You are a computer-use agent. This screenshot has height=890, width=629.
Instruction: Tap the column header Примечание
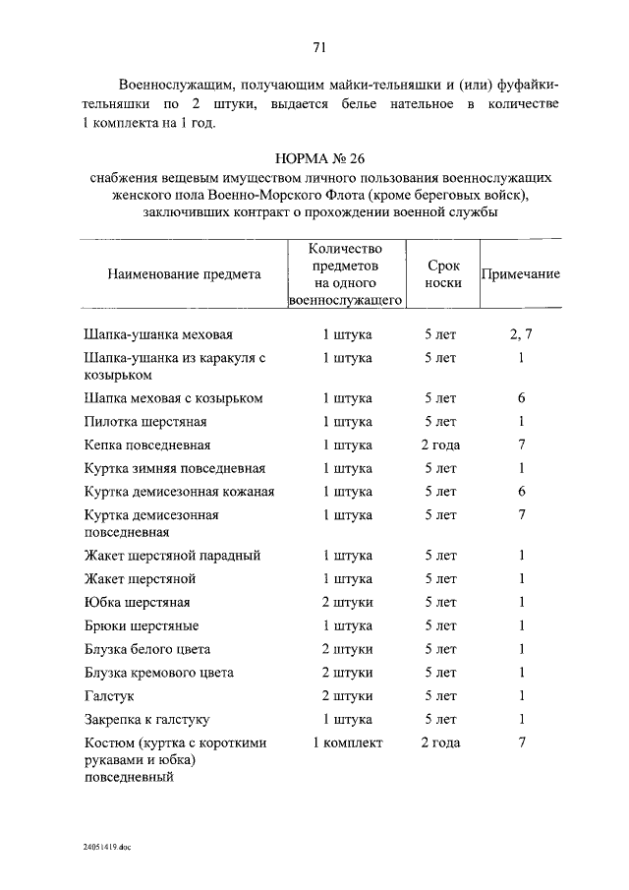click(x=520, y=274)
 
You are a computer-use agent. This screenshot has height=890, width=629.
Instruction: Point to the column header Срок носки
click(x=440, y=274)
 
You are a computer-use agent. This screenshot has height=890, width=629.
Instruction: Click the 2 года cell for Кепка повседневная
click(x=440, y=445)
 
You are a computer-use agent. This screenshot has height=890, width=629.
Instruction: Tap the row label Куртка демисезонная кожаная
click(x=179, y=492)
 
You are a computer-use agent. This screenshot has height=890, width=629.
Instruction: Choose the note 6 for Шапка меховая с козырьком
click(x=522, y=398)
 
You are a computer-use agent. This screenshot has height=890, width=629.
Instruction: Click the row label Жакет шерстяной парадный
click(x=172, y=556)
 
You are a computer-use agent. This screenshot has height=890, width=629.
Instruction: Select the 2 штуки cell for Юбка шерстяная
click(x=347, y=603)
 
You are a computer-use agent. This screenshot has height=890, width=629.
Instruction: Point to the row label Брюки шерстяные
click(x=142, y=626)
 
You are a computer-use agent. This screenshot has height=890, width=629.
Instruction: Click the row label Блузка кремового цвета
click(x=159, y=674)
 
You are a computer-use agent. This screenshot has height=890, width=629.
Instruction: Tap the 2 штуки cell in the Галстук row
click(x=347, y=697)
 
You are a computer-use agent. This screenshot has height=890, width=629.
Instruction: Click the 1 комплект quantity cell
click(x=347, y=743)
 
